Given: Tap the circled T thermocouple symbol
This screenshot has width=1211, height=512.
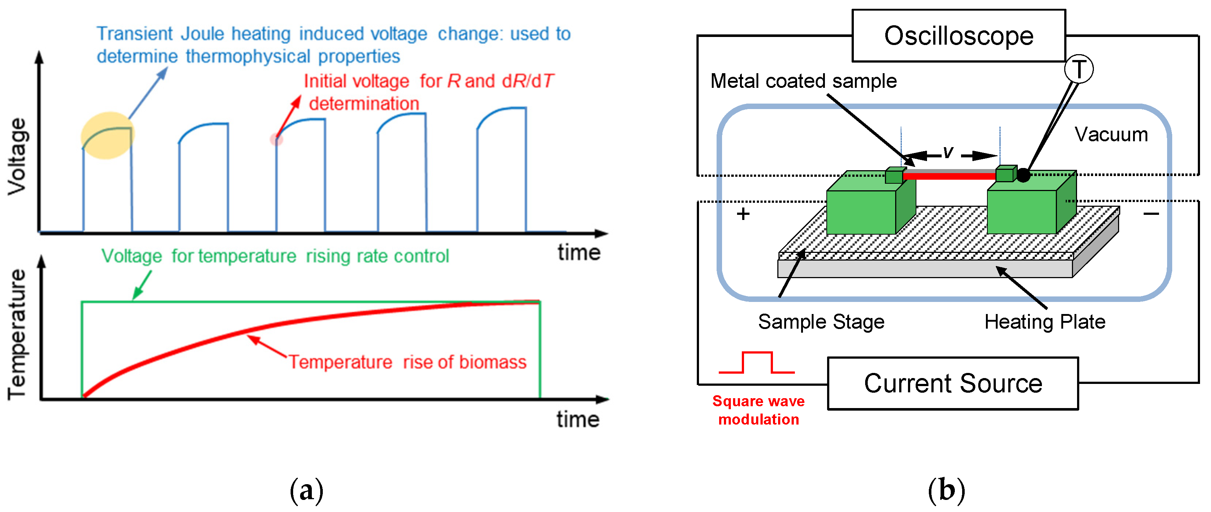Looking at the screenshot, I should click(x=1079, y=69).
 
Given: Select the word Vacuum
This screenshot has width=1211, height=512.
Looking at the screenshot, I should click(x=1111, y=135).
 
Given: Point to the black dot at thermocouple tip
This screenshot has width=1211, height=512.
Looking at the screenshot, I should click(x=1023, y=175).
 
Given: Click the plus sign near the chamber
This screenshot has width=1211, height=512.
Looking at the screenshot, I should click(x=743, y=214).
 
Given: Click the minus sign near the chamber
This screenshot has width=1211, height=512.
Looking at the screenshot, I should click(x=1151, y=214).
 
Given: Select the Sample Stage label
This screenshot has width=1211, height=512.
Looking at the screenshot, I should click(x=821, y=322).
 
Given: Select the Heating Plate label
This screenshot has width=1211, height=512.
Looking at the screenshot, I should click(x=1044, y=322).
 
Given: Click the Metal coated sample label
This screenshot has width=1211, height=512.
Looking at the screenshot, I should click(x=803, y=81).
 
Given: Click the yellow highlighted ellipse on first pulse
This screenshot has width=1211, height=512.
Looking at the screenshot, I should click(x=108, y=135).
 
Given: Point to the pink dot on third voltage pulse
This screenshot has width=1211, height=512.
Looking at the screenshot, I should click(x=276, y=139).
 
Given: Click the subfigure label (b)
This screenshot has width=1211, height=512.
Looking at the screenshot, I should click(x=946, y=491).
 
